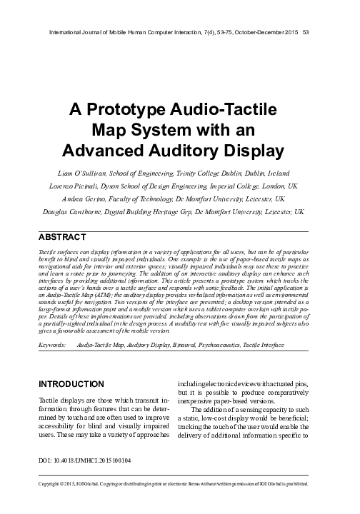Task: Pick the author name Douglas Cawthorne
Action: point(86,213)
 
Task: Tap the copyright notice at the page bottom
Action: point(180,502)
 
